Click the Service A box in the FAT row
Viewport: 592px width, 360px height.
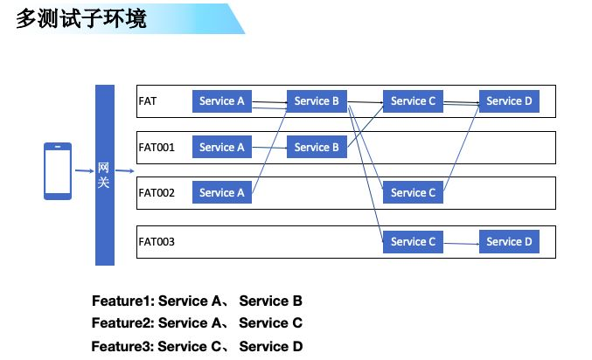[222, 101]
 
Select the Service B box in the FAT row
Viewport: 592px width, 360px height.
[317, 101]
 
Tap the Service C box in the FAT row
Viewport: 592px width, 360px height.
[413, 101]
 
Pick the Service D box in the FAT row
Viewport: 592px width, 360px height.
[509, 101]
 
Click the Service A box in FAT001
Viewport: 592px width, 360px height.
[222, 147]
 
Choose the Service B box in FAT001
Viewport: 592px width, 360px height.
[317, 147]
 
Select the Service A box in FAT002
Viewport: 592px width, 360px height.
[222, 192]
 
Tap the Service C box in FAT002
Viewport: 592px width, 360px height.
[413, 192]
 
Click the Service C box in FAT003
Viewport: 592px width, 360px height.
[413, 241]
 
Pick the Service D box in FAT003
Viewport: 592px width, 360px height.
[509, 241]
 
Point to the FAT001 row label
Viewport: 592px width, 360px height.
[157, 147]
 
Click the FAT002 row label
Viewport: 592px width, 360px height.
[157, 193]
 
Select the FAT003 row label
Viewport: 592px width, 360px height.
[157, 241]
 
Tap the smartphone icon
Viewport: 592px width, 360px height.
[58, 171]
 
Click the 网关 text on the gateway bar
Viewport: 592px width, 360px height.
[103, 175]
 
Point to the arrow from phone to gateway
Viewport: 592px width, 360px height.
[85, 171]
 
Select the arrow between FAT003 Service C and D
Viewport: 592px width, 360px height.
[462, 244]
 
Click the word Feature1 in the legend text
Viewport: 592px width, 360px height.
[121, 301]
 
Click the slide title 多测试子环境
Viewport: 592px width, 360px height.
[81, 19]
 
